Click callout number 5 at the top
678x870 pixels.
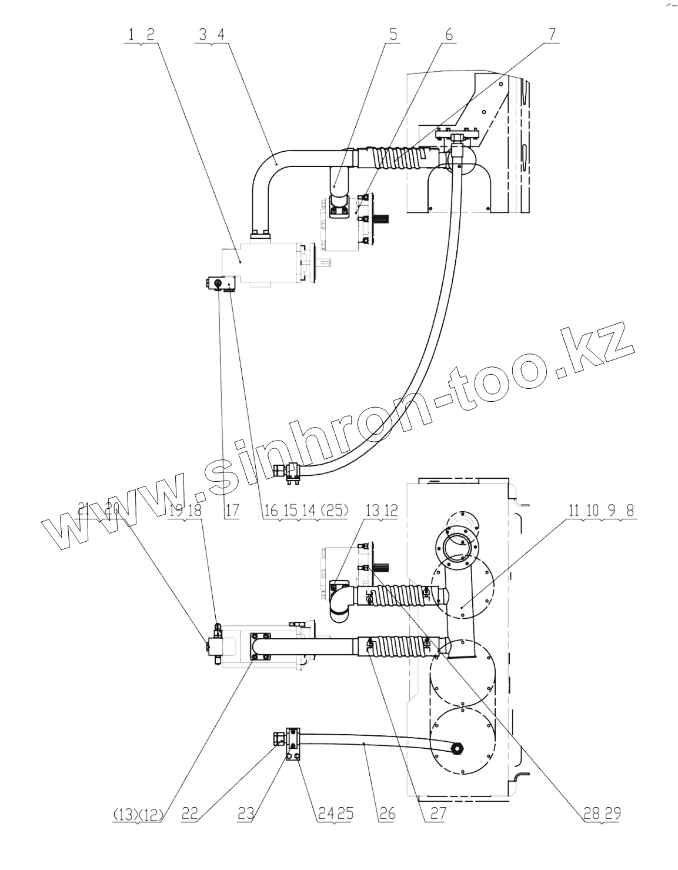392,35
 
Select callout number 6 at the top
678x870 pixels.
449,35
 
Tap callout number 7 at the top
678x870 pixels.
552,35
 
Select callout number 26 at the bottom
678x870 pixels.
388,814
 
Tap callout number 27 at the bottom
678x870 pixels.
439,814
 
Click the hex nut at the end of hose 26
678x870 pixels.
457,748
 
